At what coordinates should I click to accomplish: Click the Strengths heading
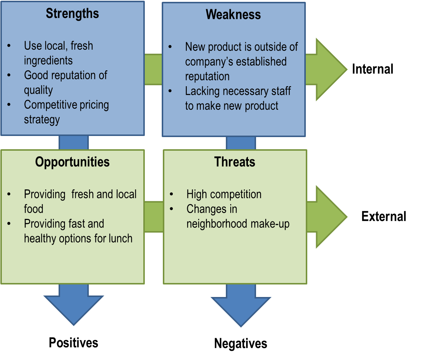[72, 14]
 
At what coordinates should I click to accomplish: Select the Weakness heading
[233, 14]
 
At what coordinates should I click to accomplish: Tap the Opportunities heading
[72, 162]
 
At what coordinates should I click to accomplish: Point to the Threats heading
[235, 162]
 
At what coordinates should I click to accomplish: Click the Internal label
[372, 69]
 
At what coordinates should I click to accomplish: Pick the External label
[384, 216]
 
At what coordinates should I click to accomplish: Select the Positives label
[73, 343]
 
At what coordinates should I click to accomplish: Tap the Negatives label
[241, 343]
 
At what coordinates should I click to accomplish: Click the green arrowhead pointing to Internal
[330, 69]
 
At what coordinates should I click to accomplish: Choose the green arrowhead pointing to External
[330, 217]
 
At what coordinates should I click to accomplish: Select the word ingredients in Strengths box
[48, 60]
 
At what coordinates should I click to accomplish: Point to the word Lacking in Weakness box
[201, 91]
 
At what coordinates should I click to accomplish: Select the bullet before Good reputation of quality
[9, 75]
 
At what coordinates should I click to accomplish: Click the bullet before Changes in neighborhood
[171, 209]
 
